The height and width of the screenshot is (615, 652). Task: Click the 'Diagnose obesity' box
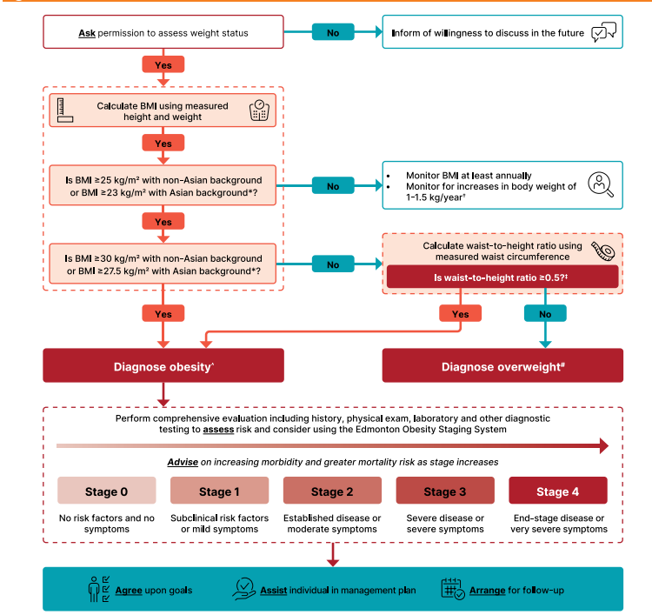pos(163,365)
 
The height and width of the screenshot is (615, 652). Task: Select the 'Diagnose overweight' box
pos(502,365)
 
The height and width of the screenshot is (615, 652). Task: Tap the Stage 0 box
pos(107,491)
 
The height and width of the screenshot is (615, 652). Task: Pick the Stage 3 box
pos(445,491)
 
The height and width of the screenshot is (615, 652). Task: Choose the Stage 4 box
pos(558,491)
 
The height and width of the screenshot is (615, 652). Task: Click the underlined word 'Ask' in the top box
pos(87,33)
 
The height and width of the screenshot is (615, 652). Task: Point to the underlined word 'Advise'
pos(183,462)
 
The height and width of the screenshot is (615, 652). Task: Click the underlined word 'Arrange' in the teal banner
pos(488,590)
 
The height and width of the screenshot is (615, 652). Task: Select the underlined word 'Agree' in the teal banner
pos(129,590)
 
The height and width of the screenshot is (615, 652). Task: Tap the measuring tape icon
pos(603,251)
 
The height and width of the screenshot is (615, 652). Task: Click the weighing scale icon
pos(259,110)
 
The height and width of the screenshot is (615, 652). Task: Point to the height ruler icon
pos(64,110)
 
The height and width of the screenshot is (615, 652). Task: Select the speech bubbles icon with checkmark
pos(604,32)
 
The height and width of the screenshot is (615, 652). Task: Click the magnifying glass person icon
pos(601,184)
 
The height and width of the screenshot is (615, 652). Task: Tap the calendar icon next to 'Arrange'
pos(453,589)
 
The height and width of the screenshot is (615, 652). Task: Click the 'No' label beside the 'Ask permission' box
pos(333,32)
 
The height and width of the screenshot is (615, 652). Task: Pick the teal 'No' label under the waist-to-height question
pos(545,313)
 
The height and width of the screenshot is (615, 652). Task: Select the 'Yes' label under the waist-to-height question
pos(460,313)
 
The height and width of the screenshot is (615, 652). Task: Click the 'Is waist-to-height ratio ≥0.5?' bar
pos(502,277)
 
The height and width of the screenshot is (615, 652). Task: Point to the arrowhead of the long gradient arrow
pos(604,445)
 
